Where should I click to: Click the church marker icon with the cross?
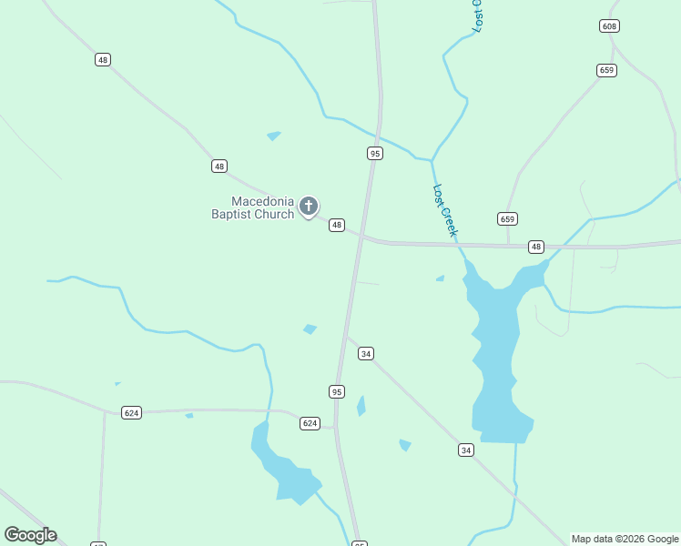[309, 207]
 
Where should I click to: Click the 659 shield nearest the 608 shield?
[607, 70]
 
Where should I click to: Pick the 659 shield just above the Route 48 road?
[508, 218]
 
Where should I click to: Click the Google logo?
[30, 535]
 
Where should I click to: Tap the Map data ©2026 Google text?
[625, 539]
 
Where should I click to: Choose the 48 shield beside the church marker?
[337, 225]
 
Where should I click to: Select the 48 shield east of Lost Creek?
[535, 247]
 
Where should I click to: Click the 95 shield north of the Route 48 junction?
[375, 153]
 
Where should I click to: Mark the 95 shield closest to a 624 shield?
[337, 391]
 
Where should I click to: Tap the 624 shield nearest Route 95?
[310, 423]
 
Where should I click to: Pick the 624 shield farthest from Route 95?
[132, 412]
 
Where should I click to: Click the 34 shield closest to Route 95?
[366, 353]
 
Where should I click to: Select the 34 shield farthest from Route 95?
[466, 450]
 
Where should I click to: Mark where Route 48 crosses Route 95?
[361, 236]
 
